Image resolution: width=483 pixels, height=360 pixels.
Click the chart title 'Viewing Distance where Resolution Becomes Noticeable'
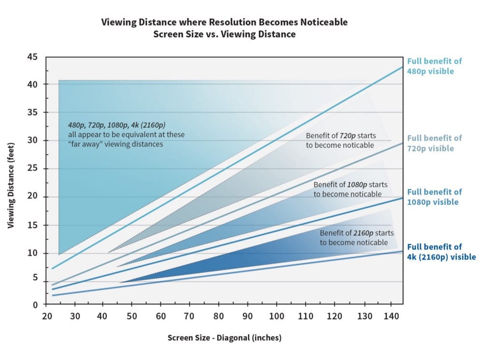(224, 22)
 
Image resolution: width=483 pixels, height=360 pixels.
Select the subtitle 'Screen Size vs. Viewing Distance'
(224, 34)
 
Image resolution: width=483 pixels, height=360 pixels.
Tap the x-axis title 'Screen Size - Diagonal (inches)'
(224, 338)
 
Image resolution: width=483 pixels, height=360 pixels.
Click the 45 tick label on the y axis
(32, 57)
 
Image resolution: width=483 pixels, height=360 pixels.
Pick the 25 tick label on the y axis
(32, 169)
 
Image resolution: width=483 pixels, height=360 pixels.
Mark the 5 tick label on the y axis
(35, 277)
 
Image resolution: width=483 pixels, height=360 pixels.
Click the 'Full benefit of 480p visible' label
(434, 66)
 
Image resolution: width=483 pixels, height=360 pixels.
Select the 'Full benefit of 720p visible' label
(434, 143)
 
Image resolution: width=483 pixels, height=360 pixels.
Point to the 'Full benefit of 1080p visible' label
(434, 197)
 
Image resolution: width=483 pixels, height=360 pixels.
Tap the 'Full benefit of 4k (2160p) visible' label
(441, 252)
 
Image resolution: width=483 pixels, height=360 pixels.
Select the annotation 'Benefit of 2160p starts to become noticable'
(354, 237)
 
